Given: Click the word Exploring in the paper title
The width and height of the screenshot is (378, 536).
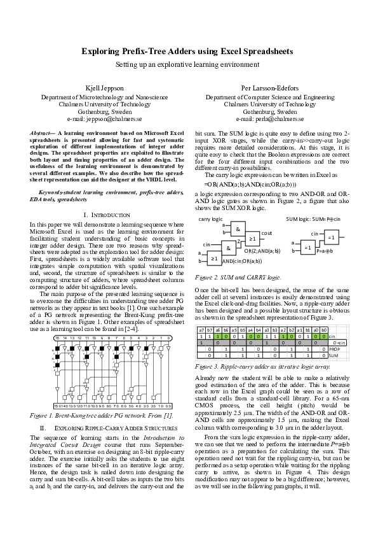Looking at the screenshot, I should pyautogui.click(x=102, y=51).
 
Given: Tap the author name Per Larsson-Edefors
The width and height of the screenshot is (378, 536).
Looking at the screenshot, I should pyautogui.click(x=267, y=88).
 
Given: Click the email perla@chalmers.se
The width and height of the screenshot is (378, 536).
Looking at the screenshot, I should pyautogui.click(x=273, y=118).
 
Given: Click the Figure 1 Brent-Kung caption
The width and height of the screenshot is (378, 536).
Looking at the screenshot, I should pyautogui.click(x=101, y=415).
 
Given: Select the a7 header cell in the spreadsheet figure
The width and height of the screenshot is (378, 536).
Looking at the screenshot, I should pyautogui.click(x=201, y=330).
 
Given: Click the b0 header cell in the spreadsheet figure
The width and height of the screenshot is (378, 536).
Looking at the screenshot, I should pyautogui.click(x=323, y=330).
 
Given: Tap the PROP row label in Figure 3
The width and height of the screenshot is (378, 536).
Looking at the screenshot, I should pyautogui.click(x=334, y=349).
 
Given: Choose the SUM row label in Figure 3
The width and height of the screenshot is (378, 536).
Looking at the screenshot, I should pyautogui.click(x=333, y=356).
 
